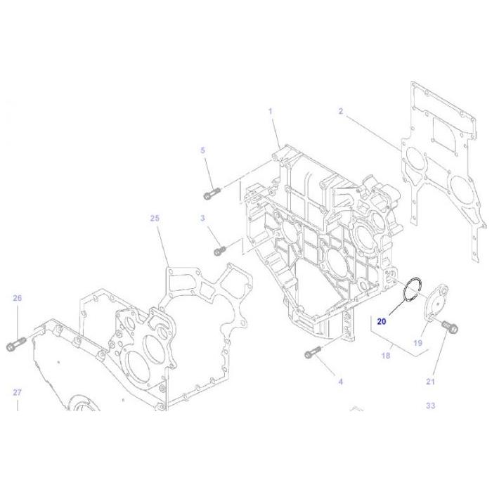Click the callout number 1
coord(269,111)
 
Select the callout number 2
coord(341,111)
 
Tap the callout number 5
coord(203,150)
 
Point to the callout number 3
coord(202,219)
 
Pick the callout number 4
coord(341,382)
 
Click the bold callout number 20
coord(382,321)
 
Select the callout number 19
coord(417,344)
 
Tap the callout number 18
coord(386,356)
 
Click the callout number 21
coord(431,382)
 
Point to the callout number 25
coord(155,219)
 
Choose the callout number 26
coord(18,298)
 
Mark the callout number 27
coord(18,392)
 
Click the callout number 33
coord(431,406)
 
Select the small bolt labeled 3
coord(219,250)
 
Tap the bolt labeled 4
coord(312,353)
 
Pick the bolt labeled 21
coord(447,325)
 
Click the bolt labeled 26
coord(16,346)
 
